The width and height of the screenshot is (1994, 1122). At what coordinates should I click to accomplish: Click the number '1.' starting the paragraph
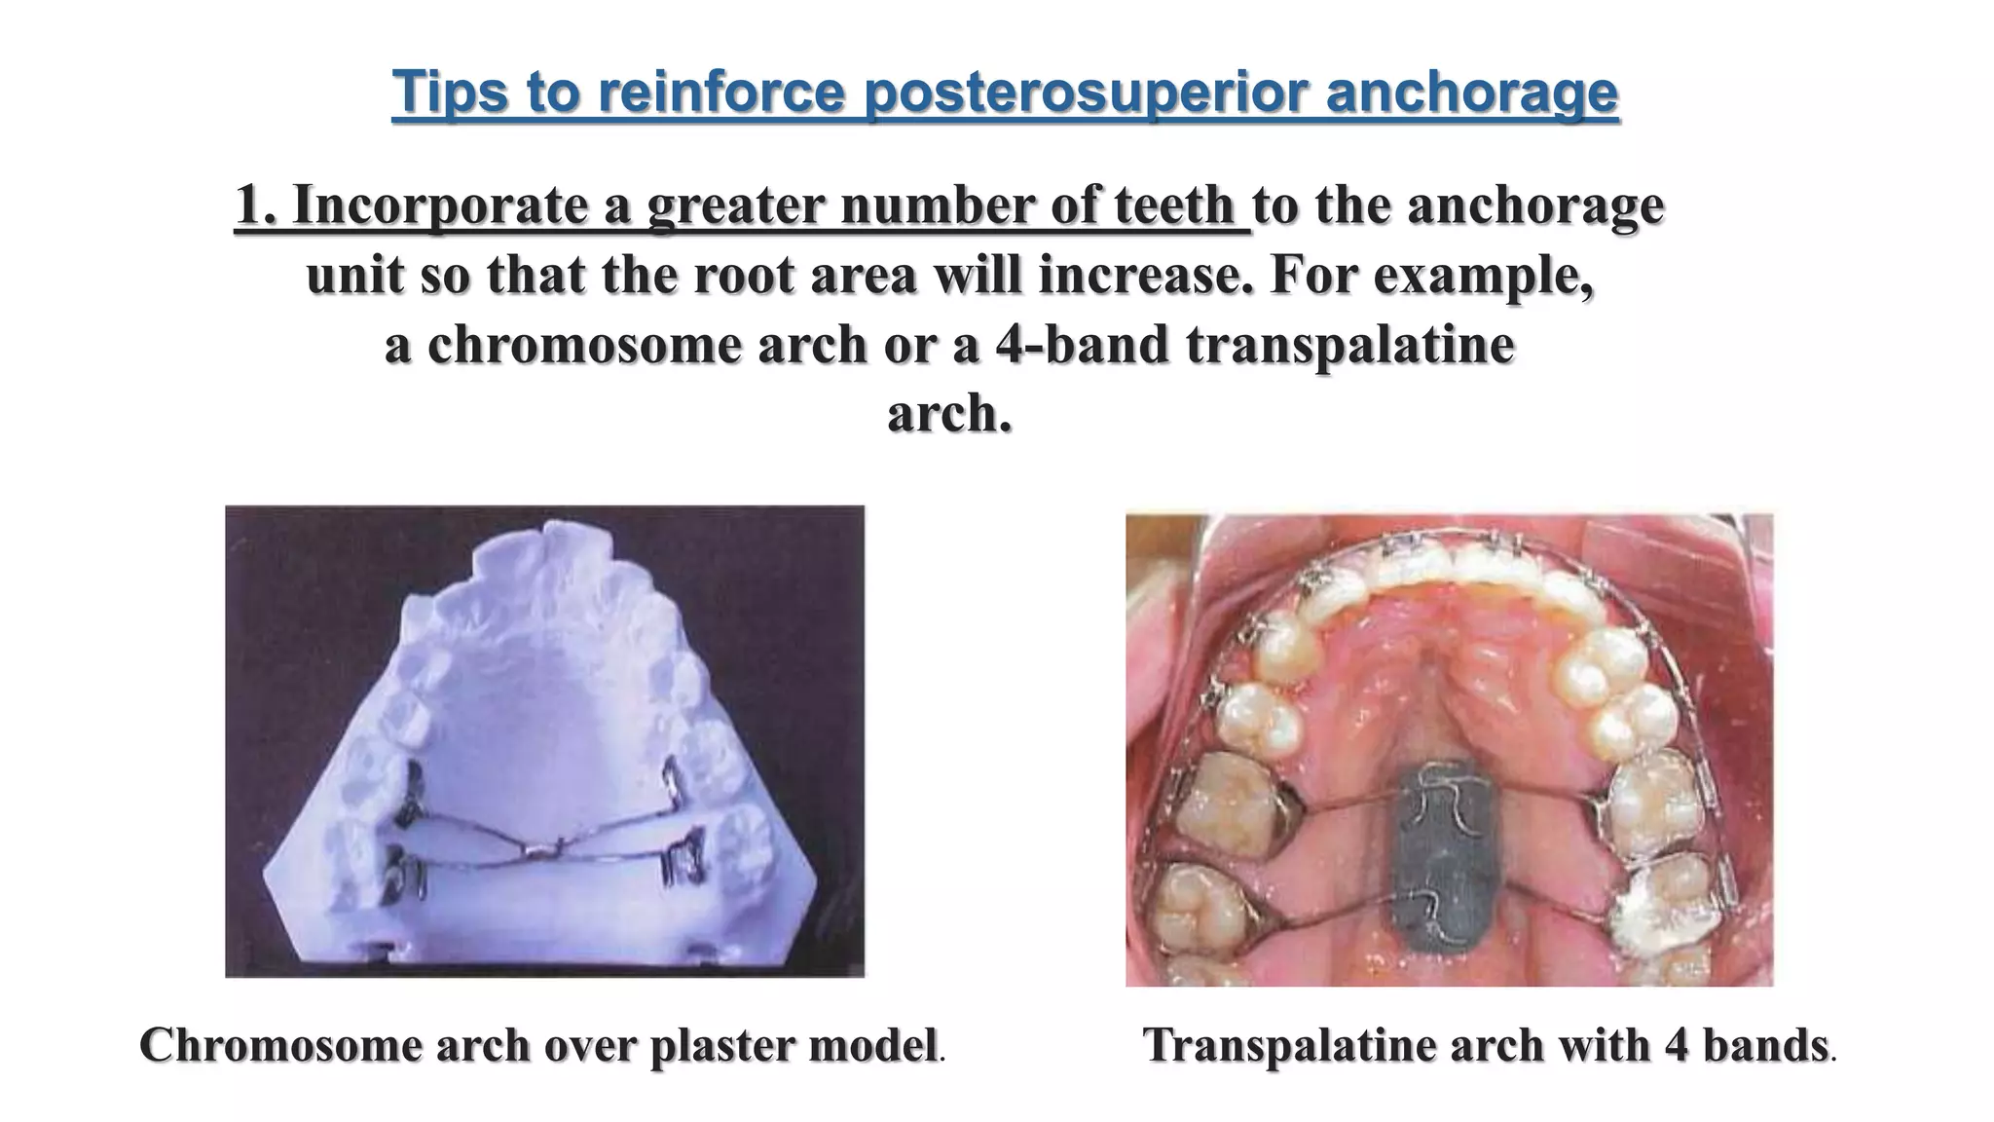coord(256,206)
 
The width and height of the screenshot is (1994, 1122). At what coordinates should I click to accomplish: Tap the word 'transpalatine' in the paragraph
coord(1350,345)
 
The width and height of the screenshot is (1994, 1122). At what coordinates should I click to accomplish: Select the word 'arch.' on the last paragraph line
coord(949,414)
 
